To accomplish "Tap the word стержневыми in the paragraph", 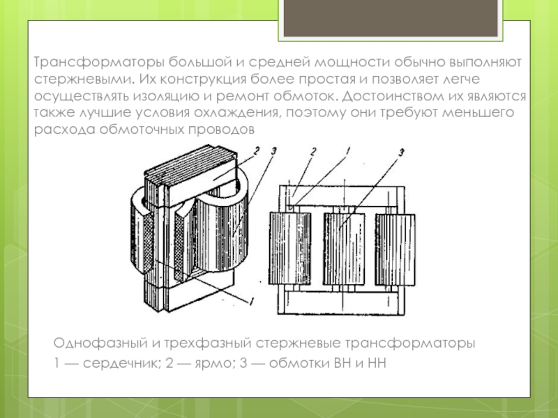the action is click(x=84, y=79).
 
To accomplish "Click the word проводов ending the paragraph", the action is click(x=221, y=130).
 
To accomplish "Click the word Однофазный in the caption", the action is click(x=100, y=343).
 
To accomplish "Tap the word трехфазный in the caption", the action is click(x=207, y=343).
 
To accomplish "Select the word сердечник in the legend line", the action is click(x=123, y=363).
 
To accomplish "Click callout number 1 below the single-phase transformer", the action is click(x=251, y=302).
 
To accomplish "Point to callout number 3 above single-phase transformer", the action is click(x=273, y=151).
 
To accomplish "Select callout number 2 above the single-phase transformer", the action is click(x=256, y=150).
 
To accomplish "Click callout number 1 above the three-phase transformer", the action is click(x=348, y=151).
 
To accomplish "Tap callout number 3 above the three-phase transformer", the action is click(x=402, y=153).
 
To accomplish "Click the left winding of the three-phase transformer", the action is click(x=290, y=249).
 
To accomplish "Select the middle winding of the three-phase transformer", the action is click(x=344, y=249).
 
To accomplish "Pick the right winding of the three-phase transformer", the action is click(x=395, y=249).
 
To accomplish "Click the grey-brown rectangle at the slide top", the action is click(x=391, y=18).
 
